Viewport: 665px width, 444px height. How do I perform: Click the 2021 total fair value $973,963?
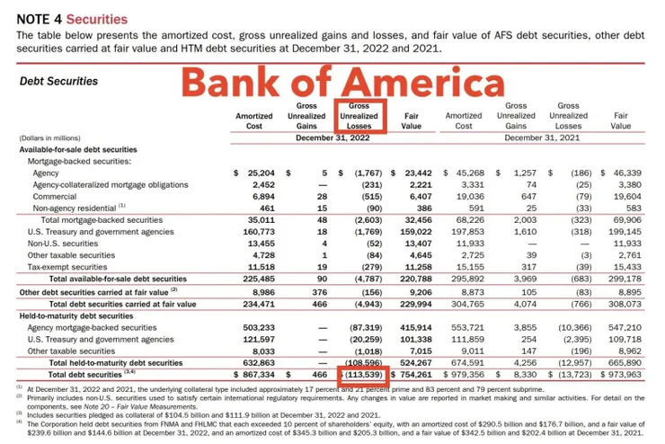point(617,374)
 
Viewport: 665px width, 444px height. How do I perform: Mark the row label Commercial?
point(53,196)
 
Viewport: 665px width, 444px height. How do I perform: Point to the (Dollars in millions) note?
point(49,138)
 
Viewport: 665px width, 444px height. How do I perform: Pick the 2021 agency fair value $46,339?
point(618,173)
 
